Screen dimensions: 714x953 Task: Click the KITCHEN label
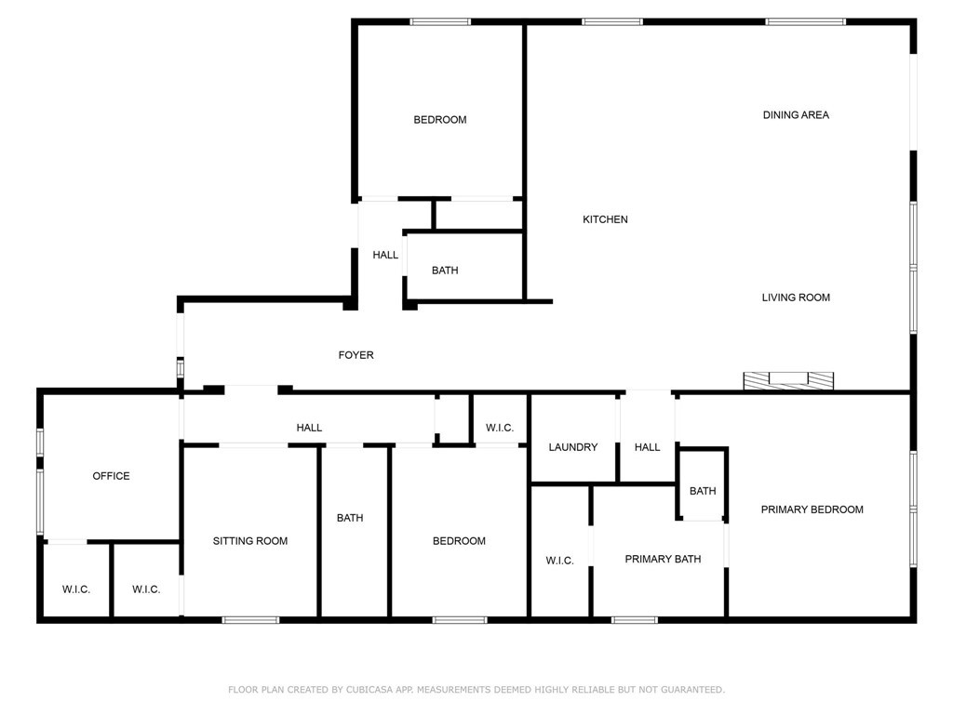pos(605,219)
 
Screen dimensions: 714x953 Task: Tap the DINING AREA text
pos(796,115)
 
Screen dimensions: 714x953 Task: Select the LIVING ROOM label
pos(796,297)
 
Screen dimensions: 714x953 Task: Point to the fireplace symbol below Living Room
pos(787,380)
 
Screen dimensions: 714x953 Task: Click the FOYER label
pos(356,355)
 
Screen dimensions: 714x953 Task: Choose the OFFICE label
pos(111,476)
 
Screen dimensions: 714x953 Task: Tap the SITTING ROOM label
pos(250,541)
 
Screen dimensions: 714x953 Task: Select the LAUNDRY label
pos(572,447)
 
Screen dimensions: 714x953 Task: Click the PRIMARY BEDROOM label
pos(812,509)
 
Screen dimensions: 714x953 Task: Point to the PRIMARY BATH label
pos(663,559)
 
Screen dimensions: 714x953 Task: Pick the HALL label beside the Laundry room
pos(647,447)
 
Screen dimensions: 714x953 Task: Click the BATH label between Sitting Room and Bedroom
pos(350,518)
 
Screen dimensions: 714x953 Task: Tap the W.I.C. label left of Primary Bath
pos(559,561)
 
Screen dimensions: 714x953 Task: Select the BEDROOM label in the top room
pos(440,120)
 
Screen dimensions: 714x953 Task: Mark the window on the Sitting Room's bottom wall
pos(250,619)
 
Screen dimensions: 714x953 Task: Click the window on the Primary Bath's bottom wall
pos(634,619)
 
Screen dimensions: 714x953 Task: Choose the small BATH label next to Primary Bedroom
pos(703,491)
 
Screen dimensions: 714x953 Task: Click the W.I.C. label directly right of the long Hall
pos(500,428)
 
